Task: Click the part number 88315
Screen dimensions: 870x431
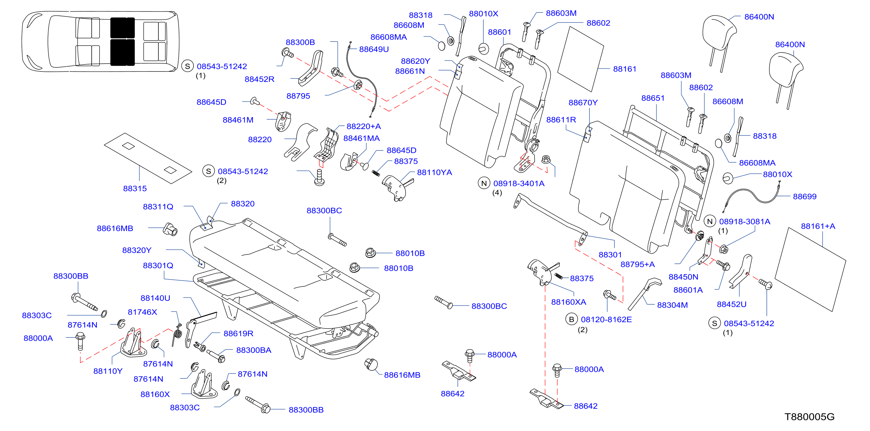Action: (x=135, y=188)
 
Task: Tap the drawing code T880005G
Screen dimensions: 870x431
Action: (x=809, y=417)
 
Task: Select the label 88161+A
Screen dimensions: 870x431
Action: (x=818, y=227)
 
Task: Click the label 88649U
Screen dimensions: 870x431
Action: (x=374, y=49)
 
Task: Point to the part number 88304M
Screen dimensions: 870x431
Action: (x=672, y=305)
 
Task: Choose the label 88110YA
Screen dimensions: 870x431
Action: (x=434, y=173)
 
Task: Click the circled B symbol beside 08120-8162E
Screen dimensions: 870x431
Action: (x=571, y=319)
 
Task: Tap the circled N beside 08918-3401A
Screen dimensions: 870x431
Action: (x=484, y=183)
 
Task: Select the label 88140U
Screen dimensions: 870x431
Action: (x=155, y=298)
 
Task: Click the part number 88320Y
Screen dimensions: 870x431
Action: (x=137, y=250)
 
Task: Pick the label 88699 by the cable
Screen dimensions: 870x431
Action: (x=804, y=197)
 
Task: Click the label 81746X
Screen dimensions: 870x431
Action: (x=142, y=312)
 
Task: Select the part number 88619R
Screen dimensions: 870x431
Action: (x=238, y=334)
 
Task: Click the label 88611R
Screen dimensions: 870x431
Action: (x=561, y=120)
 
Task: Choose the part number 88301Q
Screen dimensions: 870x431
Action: (x=158, y=266)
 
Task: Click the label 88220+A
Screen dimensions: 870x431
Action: (x=364, y=127)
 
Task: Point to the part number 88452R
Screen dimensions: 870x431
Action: (x=259, y=80)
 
